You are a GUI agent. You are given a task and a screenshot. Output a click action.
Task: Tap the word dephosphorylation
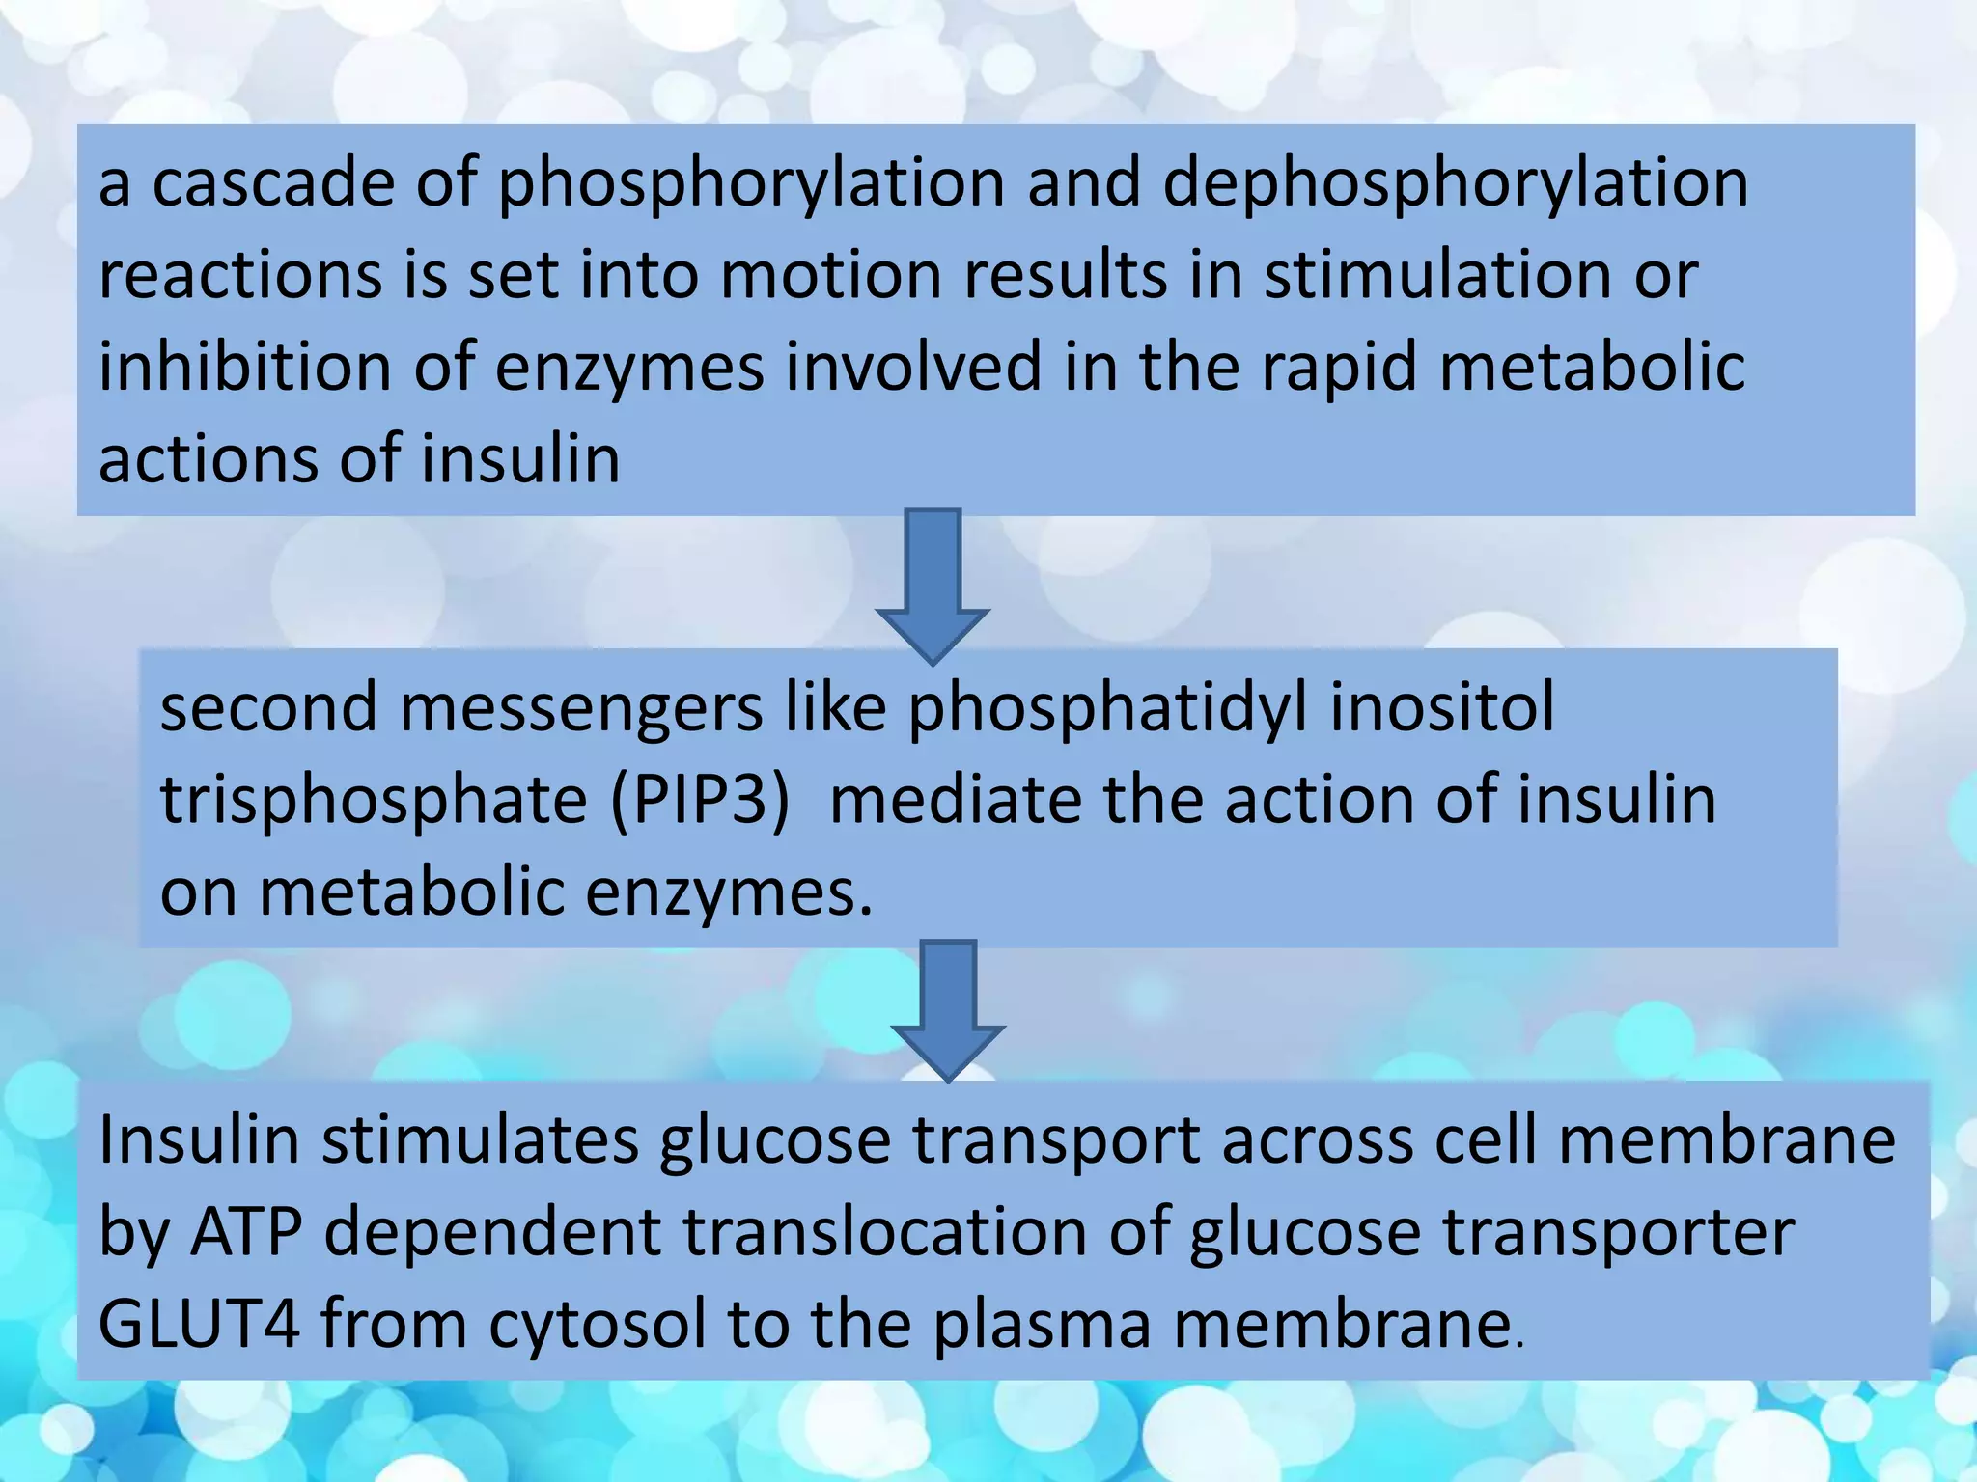(x=1455, y=183)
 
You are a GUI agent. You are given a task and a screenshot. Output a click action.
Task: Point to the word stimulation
(x=1438, y=275)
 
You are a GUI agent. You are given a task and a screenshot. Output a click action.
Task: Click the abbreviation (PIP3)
(x=700, y=800)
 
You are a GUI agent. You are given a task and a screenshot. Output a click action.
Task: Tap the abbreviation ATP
(x=247, y=1232)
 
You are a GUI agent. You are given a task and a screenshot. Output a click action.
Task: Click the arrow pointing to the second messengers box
(x=933, y=584)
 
